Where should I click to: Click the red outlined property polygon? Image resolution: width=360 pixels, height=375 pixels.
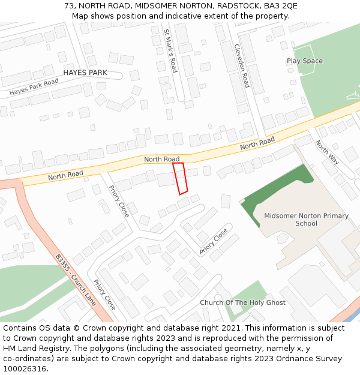181,178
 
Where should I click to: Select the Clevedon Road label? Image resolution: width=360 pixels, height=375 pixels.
241,65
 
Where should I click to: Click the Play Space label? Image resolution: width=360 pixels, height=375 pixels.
304,61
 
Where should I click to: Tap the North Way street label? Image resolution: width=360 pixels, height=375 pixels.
326,152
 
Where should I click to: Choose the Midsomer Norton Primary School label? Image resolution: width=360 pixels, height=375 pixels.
306,220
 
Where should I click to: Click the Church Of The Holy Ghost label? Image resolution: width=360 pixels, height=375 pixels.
242,302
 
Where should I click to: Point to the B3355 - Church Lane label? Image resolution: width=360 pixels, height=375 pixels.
76,280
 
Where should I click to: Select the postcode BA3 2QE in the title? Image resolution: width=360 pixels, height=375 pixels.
282,5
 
